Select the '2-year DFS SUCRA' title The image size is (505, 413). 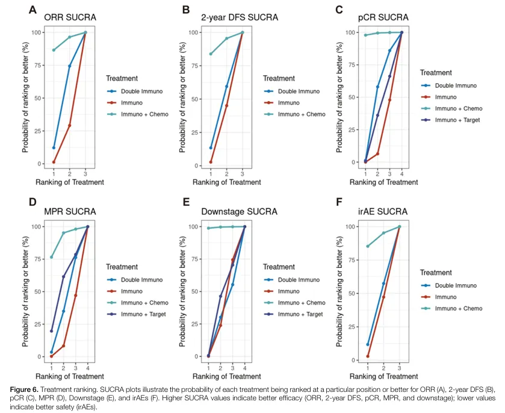(239, 17)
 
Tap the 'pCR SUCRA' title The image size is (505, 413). (383, 17)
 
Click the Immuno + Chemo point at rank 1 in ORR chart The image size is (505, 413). (54, 50)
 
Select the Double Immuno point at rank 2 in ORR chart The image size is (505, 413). (70, 66)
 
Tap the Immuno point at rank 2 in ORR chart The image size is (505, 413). (70, 125)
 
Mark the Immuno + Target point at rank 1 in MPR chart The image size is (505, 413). (52, 331)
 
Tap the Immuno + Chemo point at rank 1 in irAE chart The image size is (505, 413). (367, 246)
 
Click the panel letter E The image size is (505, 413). (186, 203)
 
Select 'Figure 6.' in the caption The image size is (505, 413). (22, 383)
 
